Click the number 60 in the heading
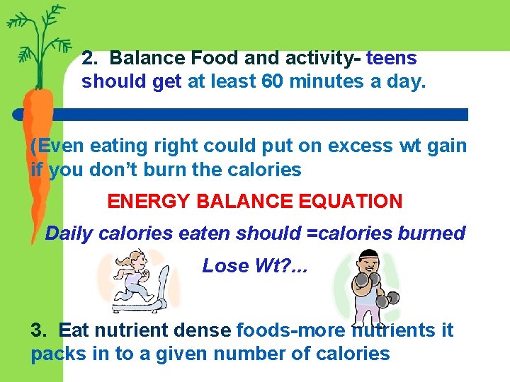pos(274,82)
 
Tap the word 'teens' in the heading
pos(392,58)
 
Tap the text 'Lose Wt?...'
pos(245,266)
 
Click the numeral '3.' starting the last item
pos(39,330)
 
